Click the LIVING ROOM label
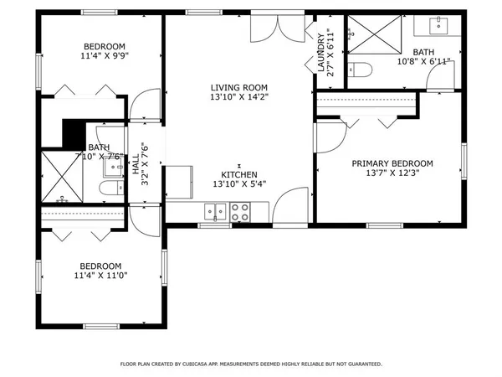tap(238, 87)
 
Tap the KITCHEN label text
tap(238, 174)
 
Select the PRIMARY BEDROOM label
tap(392, 163)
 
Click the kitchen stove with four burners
tap(240, 214)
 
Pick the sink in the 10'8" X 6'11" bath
tap(439, 26)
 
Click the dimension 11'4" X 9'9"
tap(105, 56)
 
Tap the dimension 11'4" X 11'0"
tap(105, 275)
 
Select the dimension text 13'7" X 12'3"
tap(392, 173)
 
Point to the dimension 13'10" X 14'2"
tap(238, 97)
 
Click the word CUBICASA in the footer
tap(200, 364)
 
